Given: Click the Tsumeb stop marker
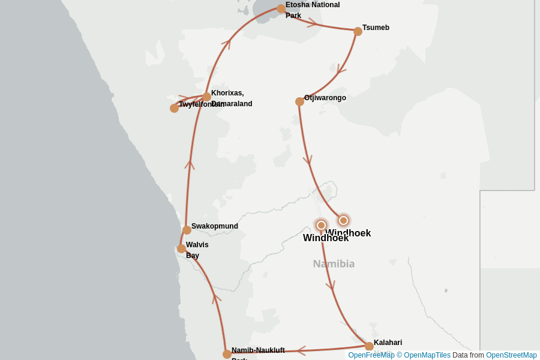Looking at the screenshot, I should coord(358,31).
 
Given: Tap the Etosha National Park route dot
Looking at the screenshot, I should coord(281,8).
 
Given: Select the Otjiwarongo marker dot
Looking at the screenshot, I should coord(299,101).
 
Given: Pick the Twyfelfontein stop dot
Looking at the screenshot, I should coord(174,108).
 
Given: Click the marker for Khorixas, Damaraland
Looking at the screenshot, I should coord(206,97).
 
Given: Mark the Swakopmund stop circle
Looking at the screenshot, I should coord(187,230).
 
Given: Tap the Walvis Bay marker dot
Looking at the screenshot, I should coord(181,248).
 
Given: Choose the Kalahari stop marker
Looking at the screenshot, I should coord(369,346).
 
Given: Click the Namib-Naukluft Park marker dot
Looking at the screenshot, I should coord(227,354).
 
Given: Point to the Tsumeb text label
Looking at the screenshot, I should coord(376,28).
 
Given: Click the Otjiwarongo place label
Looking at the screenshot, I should coord(325,98).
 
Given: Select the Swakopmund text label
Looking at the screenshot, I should coord(215,226).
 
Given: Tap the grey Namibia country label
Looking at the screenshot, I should coord(334,263).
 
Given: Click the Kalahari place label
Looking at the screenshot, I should coord(388,343).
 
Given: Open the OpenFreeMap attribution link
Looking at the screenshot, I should coord(371,355).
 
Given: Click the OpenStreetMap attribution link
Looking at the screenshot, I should coord(511,355).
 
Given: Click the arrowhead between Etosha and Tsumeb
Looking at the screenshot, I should coord(313,23).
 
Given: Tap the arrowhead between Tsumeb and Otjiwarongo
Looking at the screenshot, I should coord(341,70).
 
